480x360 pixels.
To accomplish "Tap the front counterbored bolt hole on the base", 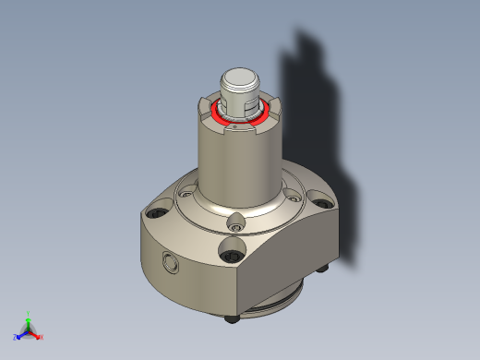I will pyautogui.click(x=231, y=249).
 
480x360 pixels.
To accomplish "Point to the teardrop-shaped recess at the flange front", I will pyautogui.click(x=236, y=222).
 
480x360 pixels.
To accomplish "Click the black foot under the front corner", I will pyautogui.click(x=231, y=320).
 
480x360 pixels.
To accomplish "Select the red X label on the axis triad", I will pyautogui.click(x=42, y=337).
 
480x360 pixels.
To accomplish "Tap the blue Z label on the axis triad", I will pyautogui.click(x=16, y=337).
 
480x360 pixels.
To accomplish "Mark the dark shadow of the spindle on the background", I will pyautogui.click(x=314, y=111).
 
